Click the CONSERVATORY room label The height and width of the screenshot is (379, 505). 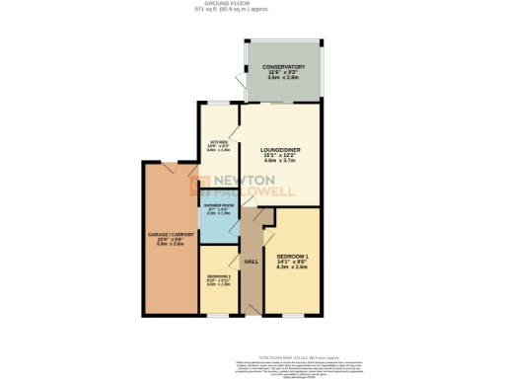click(283, 66)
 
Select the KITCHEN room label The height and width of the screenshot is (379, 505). click(219, 142)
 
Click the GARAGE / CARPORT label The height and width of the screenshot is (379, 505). click(165, 234)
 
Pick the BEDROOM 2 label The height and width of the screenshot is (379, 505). click(218, 276)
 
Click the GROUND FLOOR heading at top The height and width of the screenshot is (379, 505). click(252, 4)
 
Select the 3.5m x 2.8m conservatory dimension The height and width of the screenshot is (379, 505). click(283, 78)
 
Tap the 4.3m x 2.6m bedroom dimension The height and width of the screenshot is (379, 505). click(294, 267)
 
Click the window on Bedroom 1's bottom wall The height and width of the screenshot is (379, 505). click(293, 316)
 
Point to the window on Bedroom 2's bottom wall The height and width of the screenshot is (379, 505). click(218, 316)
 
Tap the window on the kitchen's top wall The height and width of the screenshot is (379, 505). click(218, 108)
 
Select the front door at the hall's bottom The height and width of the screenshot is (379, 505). click(252, 316)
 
